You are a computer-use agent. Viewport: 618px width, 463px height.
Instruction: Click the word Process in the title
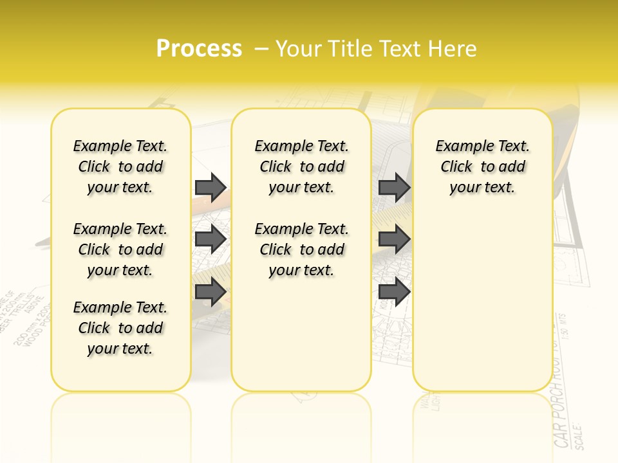(x=199, y=48)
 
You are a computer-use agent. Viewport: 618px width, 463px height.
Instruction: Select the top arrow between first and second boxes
(x=211, y=187)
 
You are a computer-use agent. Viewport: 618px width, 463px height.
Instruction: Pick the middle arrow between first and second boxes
(x=211, y=239)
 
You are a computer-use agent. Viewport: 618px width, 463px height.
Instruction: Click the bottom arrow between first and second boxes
(x=211, y=292)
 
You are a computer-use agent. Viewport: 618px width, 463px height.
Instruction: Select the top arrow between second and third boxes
(x=394, y=187)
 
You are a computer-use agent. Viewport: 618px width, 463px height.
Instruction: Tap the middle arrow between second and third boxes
(x=394, y=239)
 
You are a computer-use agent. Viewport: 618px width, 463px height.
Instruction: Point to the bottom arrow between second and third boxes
(x=394, y=292)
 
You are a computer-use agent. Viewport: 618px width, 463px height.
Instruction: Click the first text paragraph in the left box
(x=120, y=167)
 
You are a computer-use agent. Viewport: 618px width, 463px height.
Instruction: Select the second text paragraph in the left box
(x=120, y=250)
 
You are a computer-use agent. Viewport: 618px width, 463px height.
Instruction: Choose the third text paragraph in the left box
(x=120, y=328)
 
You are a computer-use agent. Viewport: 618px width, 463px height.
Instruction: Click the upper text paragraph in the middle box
(x=301, y=167)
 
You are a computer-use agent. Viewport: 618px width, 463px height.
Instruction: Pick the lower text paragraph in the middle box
(x=301, y=250)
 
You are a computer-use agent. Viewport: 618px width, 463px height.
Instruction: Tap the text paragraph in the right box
(x=483, y=167)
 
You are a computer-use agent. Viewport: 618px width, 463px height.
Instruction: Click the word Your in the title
(x=299, y=48)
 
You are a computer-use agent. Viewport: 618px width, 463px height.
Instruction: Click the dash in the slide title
(x=261, y=48)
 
